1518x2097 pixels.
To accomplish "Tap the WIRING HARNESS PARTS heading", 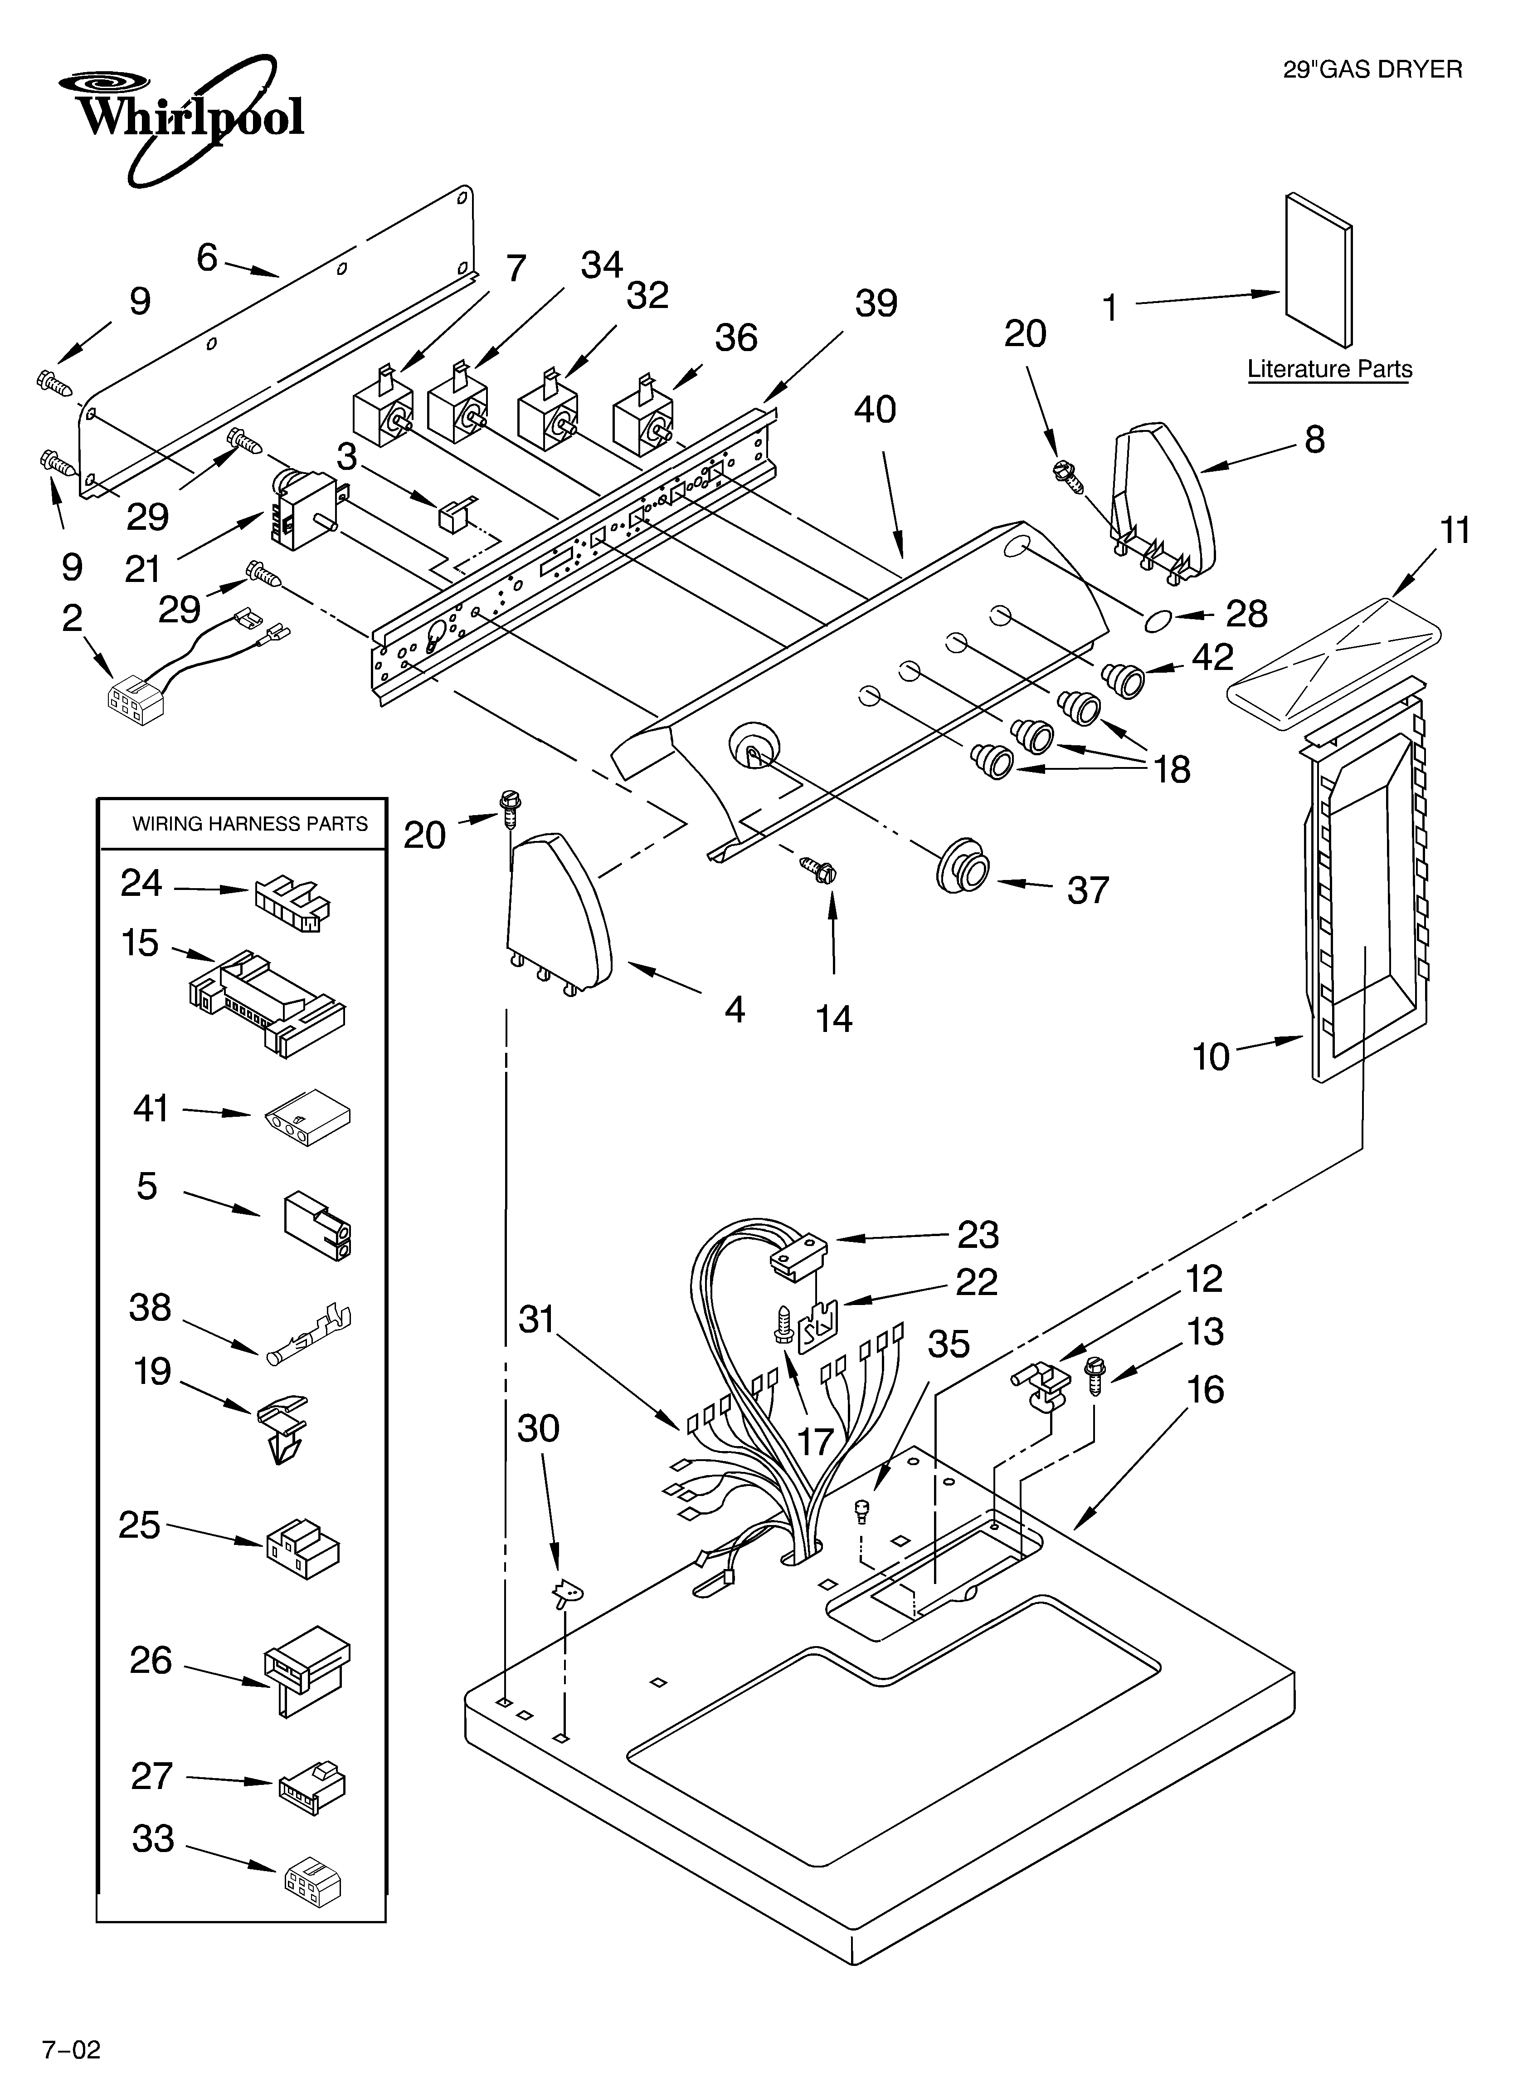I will (250, 824).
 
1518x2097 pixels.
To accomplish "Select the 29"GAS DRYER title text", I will (1372, 69).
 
